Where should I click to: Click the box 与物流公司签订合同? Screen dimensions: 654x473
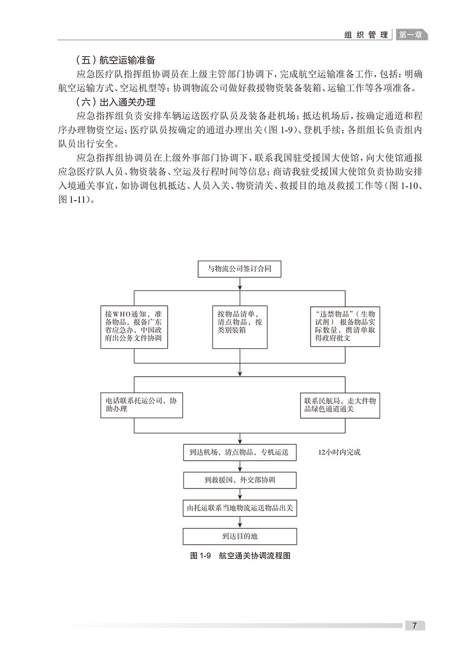(x=240, y=270)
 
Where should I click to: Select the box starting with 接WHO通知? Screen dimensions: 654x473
(x=135, y=327)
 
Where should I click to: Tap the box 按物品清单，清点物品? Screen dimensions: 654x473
(x=240, y=327)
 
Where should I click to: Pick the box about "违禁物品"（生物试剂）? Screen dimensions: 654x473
(x=345, y=327)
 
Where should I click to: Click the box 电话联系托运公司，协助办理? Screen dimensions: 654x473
(x=141, y=405)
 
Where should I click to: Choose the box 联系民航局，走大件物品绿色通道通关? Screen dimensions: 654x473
(x=340, y=405)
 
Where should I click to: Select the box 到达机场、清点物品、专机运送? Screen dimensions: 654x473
(x=240, y=452)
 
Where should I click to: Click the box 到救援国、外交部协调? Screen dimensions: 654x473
(x=240, y=480)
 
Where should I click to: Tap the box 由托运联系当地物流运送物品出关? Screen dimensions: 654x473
(x=240, y=508)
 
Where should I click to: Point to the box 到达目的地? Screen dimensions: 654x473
(x=240, y=536)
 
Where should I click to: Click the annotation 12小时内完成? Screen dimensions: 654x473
(x=340, y=452)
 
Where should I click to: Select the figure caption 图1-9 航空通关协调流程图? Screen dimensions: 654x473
(x=240, y=556)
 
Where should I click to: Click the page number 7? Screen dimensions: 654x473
(x=415, y=626)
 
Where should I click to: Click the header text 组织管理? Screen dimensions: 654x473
(x=366, y=35)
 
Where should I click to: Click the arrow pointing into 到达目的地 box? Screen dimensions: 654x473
(x=240, y=524)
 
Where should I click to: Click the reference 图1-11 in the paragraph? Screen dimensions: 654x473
(x=73, y=200)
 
